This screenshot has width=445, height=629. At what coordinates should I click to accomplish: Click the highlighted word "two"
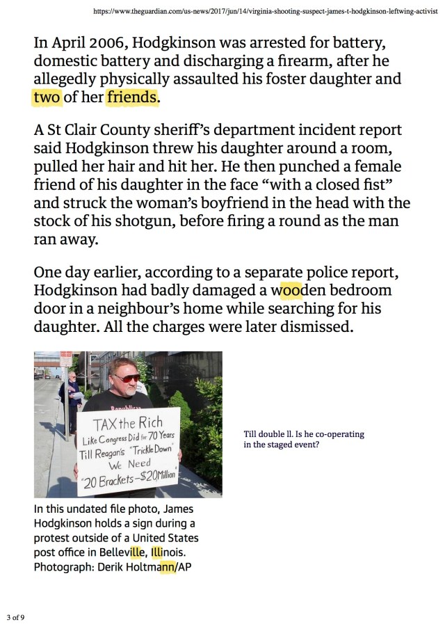(x=47, y=97)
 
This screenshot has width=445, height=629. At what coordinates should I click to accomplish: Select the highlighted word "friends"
(x=132, y=97)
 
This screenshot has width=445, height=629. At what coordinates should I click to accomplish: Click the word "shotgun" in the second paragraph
(x=153, y=221)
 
